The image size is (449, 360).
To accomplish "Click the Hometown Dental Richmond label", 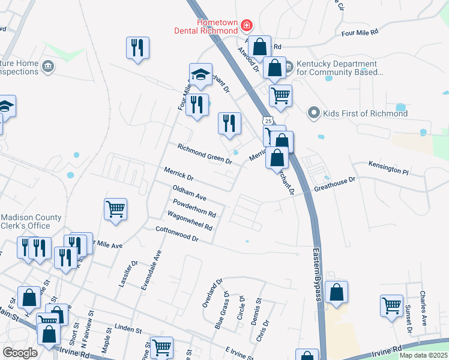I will coord(206,26).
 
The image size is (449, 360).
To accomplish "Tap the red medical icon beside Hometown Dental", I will coord(246,26).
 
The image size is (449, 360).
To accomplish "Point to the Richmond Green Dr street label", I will coord(204,154).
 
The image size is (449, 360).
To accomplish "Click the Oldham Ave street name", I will coord(189,193).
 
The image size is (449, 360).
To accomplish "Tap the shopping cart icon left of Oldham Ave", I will coord(115,209).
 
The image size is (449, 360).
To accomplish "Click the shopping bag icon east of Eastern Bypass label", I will coord(337,292).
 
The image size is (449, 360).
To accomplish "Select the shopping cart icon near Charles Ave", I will coord(391,305).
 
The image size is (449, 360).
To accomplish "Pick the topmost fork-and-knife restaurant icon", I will coord(137,47).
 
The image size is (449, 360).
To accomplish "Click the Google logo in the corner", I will coord(20,353).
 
